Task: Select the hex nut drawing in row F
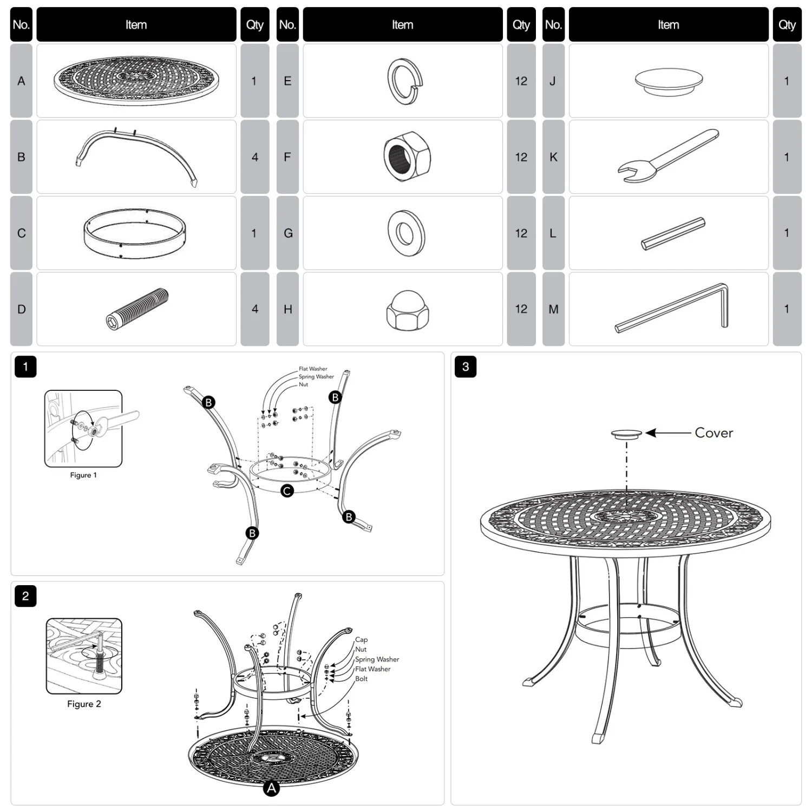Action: (x=407, y=156)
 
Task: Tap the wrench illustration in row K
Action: (x=668, y=155)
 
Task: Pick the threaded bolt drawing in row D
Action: (x=137, y=309)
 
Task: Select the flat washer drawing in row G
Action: (x=405, y=233)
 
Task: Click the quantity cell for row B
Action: (x=255, y=157)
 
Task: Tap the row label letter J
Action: (x=553, y=81)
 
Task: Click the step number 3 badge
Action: (x=466, y=366)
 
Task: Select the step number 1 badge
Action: (x=25, y=366)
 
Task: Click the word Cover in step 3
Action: (x=713, y=433)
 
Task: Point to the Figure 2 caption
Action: (x=84, y=704)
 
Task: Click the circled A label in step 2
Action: (x=271, y=788)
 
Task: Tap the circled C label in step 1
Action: (x=287, y=490)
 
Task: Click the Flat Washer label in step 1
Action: (x=313, y=369)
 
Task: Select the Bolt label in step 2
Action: (x=361, y=679)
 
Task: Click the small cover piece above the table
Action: (x=626, y=433)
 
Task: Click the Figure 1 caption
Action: (x=83, y=475)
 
